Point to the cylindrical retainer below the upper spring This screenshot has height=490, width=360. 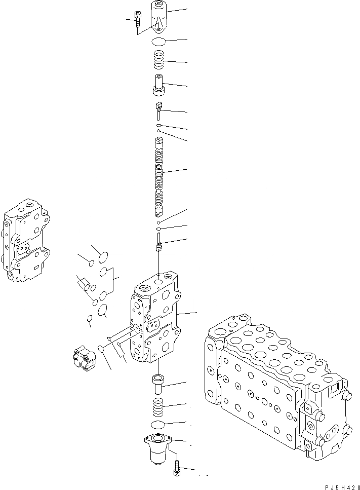pos(159,85)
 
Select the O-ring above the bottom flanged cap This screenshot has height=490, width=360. pos(159,424)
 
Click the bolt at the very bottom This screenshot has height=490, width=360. pos(177,467)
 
